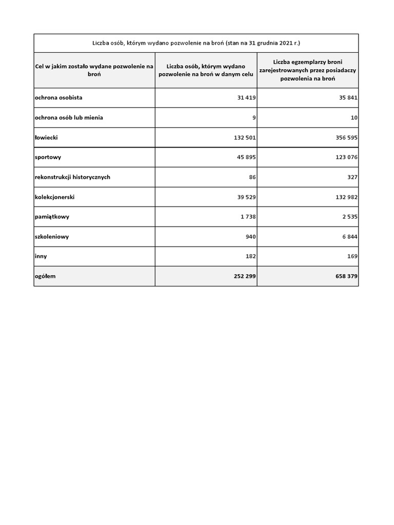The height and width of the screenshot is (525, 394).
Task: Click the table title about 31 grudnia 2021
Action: point(196,43)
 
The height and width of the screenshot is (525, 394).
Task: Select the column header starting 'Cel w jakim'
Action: point(94,70)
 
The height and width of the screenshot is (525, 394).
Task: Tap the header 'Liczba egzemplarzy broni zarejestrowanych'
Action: point(308,70)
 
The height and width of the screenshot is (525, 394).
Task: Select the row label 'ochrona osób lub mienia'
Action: point(69,117)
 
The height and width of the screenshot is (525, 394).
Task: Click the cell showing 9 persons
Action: point(254,117)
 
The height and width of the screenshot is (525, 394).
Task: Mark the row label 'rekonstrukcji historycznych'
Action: point(72,177)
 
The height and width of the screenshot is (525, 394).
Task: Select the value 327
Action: point(352,177)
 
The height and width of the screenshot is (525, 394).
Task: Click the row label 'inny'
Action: point(41,256)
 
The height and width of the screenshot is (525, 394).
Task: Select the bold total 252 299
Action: point(244,276)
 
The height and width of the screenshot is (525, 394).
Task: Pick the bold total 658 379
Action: point(346,276)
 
